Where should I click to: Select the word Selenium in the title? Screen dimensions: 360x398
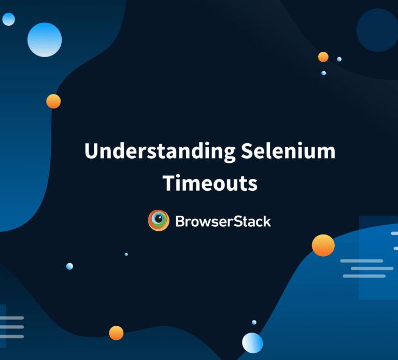click(x=288, y=151)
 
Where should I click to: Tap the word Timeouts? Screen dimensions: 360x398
click(x=210, y=183)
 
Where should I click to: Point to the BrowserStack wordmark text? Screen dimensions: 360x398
click(x=223, y=221)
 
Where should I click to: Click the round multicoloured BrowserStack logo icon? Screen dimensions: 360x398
click(x=159, y=221)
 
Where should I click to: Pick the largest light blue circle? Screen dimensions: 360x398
click(x=45, y=40)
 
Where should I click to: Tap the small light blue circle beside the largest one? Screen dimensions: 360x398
click(x=8, y=20)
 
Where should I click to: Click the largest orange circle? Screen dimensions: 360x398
click(x=323, y=245)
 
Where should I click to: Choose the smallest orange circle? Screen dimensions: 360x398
click(x=323, y=57)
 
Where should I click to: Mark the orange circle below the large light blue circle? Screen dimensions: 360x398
click(x=53, y=101)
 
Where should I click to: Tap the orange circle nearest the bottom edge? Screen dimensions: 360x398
click(x=116, y=333)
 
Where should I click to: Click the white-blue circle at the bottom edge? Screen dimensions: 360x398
click(x=252, y=343)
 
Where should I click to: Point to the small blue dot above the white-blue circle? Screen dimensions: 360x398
click(x=254, y=322)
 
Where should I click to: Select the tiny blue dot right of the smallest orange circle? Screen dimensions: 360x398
click(x=339, y=59)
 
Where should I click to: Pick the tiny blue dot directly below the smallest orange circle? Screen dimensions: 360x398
click(x=323, y=73)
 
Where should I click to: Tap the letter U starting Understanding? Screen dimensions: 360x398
click(x=91, y=151)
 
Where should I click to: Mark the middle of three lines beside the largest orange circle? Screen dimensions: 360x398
click(x=372, y=268)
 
